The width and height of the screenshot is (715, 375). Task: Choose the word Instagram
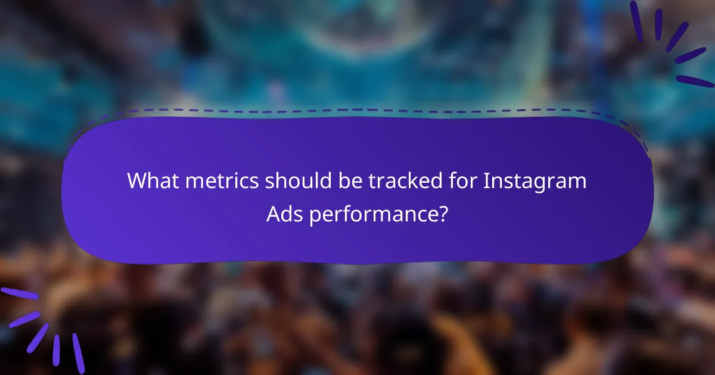535,181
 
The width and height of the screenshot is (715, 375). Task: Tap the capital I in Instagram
486,181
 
